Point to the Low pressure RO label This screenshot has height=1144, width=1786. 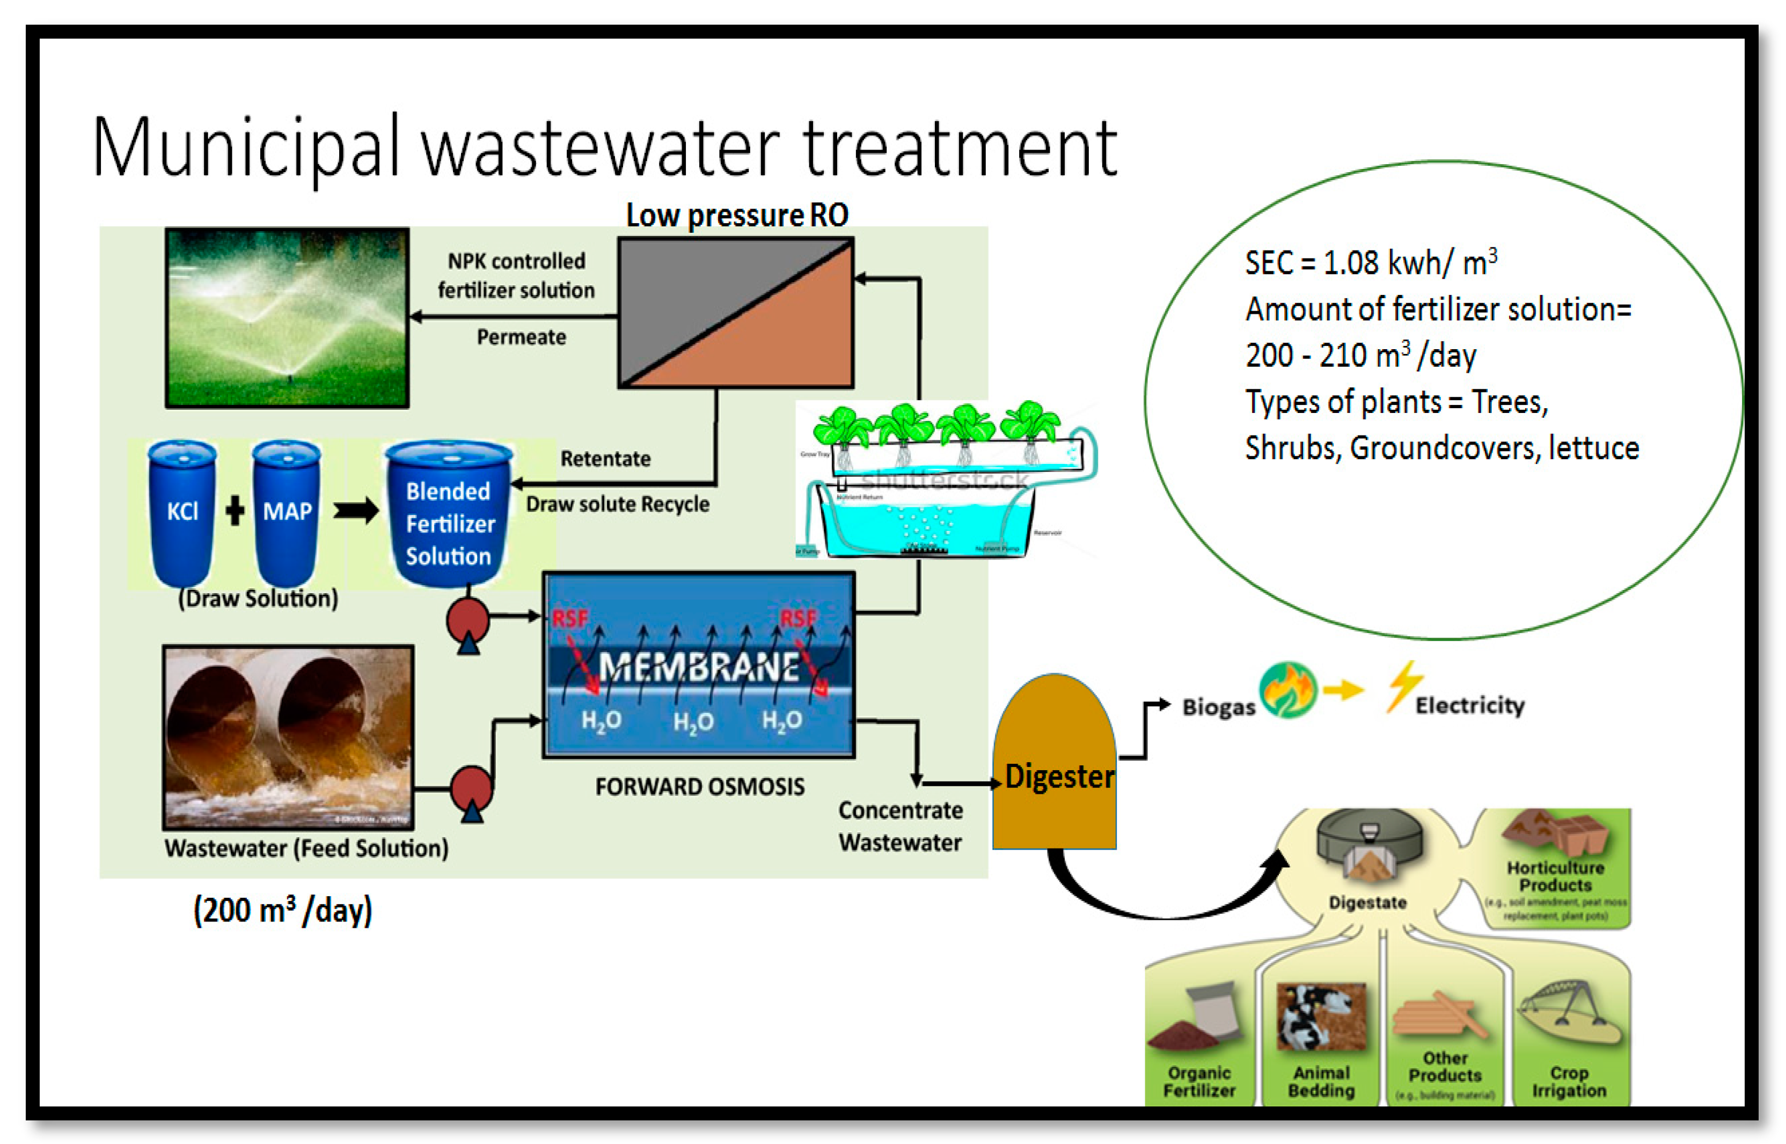pos(736,216)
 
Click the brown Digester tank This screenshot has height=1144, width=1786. pos(1054,765)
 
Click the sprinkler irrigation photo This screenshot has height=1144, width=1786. pos(287,318)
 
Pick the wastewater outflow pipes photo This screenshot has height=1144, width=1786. pos(288,737)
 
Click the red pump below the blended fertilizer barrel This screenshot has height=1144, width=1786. pos(467,621)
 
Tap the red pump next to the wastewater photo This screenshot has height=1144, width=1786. pos(471,789)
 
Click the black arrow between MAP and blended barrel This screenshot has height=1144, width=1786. pos(355,511)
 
